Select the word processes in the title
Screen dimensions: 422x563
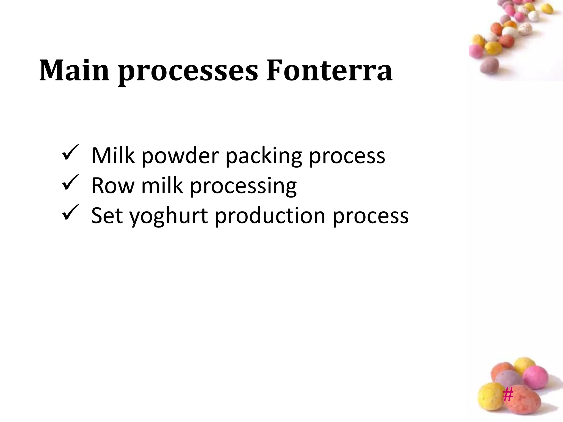coord(188,72)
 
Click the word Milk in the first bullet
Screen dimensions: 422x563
coord(113,156)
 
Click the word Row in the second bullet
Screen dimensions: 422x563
coord(113,186)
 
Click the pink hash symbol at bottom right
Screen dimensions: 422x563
coord(508,395)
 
